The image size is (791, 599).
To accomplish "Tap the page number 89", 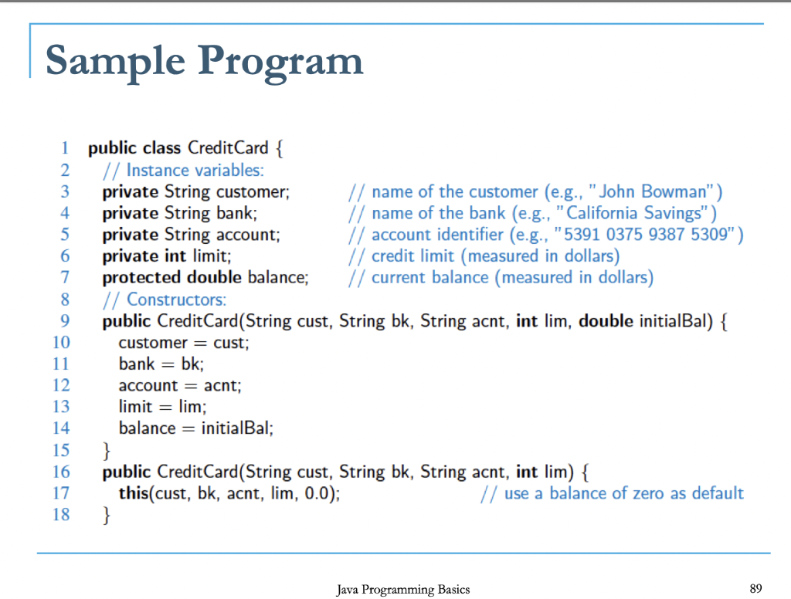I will pos(756,589).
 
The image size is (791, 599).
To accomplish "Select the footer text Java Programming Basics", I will pos(403,590).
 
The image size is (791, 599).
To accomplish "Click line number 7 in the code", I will pos(65,277).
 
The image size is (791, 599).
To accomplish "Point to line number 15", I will pos(61,450).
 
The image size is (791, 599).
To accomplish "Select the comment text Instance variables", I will pos(195,170).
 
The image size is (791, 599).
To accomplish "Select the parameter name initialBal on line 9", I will pos(674,320).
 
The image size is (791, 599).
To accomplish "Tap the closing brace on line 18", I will pos(107,515).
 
